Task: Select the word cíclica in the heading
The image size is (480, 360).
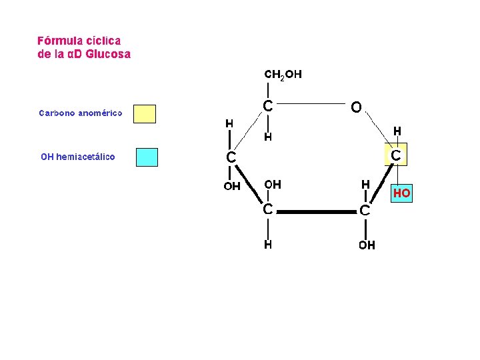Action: tap(104, 41)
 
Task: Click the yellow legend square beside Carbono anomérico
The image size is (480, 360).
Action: tap(145, 114)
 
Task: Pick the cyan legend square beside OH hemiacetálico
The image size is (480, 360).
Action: tap(147, 157)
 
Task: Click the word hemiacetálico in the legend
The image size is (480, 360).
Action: tap(85, 157)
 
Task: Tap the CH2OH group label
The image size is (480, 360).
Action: tap(283, 75)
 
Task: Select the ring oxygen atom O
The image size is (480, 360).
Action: tap(356, 107)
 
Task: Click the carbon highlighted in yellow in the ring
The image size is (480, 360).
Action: tap(396, 156)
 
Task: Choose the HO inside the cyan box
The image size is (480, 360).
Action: tap(401, 194)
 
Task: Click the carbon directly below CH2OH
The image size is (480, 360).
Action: tap(267, 106)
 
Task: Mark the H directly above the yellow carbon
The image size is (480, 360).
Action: tap(397, 131)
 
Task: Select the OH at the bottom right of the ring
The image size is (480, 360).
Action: tap(367, 245)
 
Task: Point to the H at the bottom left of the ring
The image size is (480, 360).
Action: tap(267, 245)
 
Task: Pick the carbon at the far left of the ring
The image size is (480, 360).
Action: tap(231, 158)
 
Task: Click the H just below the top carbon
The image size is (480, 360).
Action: tap(267, 137)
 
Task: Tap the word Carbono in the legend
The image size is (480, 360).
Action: tap(57, 113)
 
